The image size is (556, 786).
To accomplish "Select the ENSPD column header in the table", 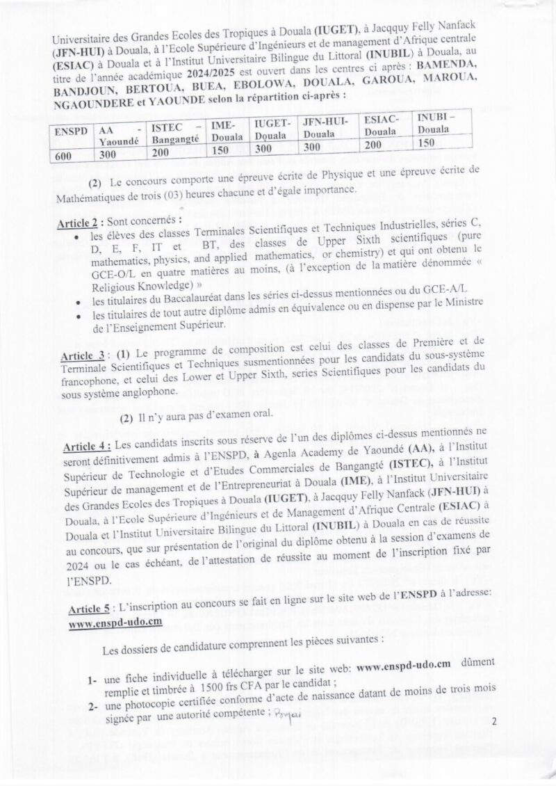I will tap(72, 130).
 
